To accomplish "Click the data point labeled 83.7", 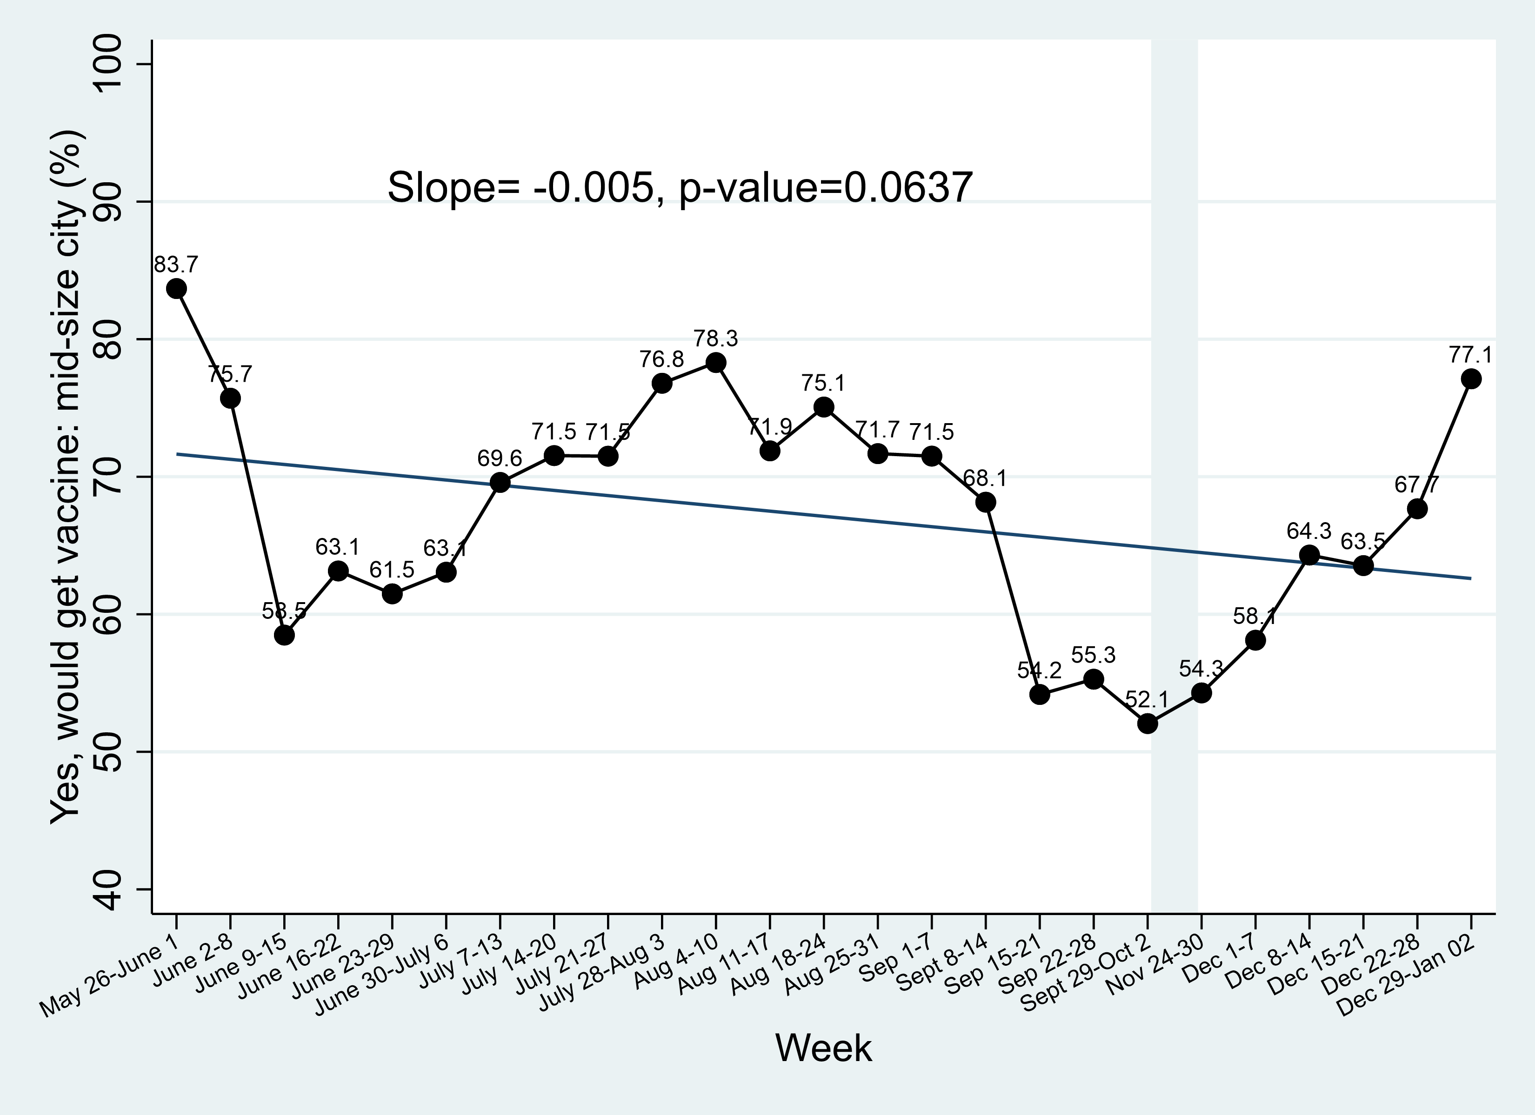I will coord(177,289).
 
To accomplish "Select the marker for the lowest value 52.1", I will coord(1147,724).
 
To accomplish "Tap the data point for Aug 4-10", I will coord(716,363).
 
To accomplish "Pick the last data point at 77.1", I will coord(1471,379).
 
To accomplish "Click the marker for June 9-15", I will coord(284,635).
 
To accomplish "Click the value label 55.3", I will coord(1093,655).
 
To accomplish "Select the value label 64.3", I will coord(1308,531).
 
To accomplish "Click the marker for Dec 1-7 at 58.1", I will coord(1255,640).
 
